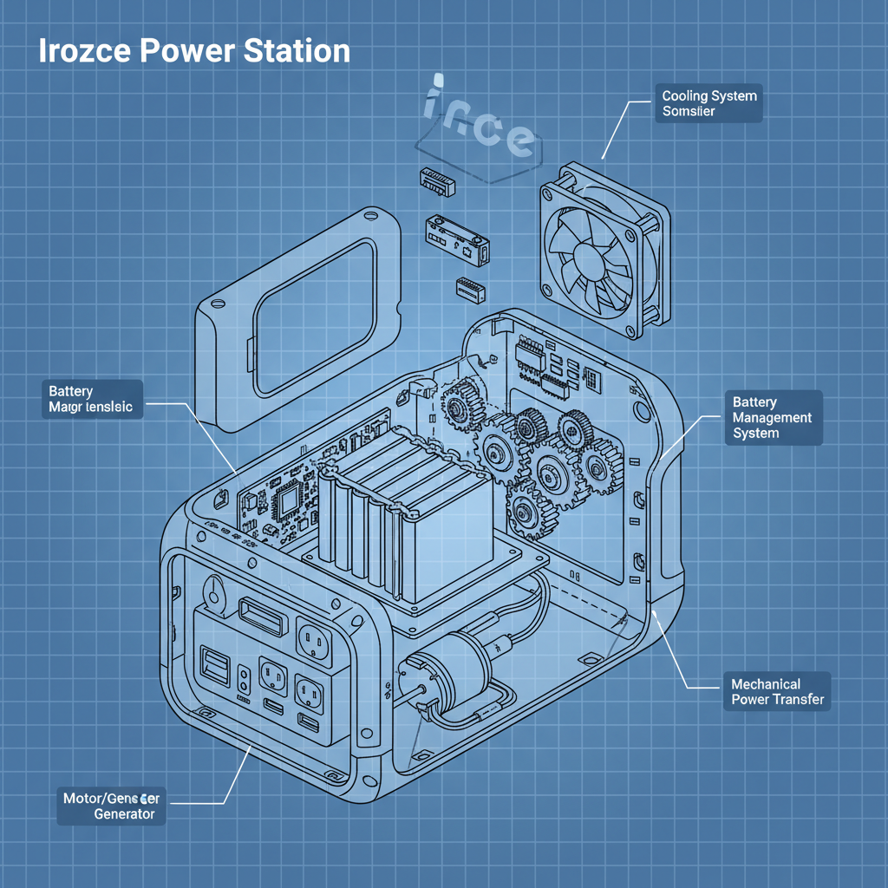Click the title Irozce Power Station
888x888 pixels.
pyautogui.click(x=194, y=51)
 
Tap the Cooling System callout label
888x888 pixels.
pyautogui.click(x=708, y=103)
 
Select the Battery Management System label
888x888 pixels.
pyautogui.click(x=773, y=418)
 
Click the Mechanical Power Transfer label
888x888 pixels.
pyautogui.click(x=777, y=692)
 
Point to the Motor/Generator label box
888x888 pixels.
pyautogui.click(x=110, y=805)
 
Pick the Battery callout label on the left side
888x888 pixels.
pyautogui.click(x=91, y=400)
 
